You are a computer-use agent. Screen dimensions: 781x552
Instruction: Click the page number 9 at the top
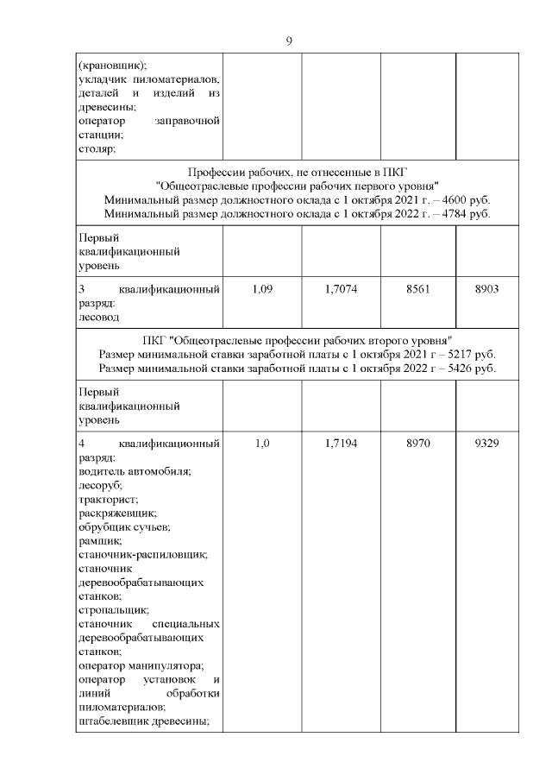coord(289,41)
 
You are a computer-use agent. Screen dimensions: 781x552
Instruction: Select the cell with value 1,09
coord(262,290)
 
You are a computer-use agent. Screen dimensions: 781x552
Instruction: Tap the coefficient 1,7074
coord(341,290)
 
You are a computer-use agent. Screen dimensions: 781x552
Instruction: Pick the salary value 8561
coord(417,290)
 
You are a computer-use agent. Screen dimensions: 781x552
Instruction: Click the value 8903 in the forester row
coord(487,290)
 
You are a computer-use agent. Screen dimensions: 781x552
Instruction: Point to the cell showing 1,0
coord(262,444)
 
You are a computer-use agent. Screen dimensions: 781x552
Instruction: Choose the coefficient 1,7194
coord(341,444)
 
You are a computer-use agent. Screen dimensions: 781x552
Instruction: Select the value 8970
coord(417,444)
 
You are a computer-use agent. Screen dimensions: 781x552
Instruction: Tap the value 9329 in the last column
coord(487,444)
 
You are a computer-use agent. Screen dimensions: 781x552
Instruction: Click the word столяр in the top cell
coord(96,148)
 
